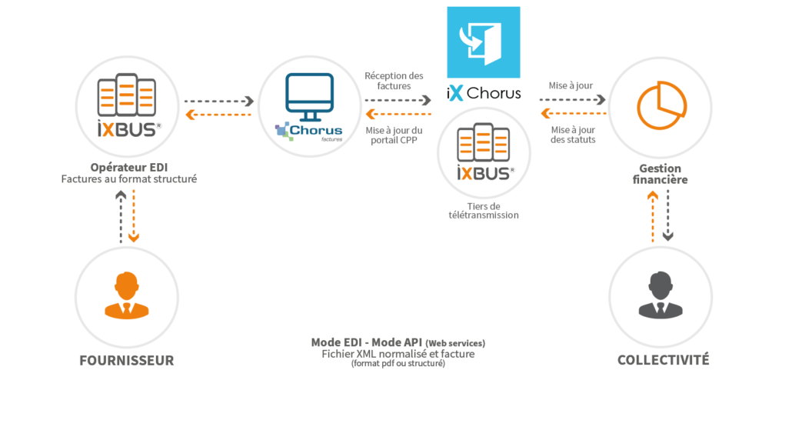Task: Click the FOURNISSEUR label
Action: [127, 360]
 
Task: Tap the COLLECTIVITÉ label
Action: [663, 360]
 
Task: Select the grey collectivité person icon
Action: [661, 294]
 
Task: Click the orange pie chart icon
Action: [661, 108]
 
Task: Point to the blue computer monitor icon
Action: [308, 97]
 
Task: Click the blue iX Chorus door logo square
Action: [483, 42]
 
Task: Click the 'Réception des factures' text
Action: [394, 81]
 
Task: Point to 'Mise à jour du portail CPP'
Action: [394, 135]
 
